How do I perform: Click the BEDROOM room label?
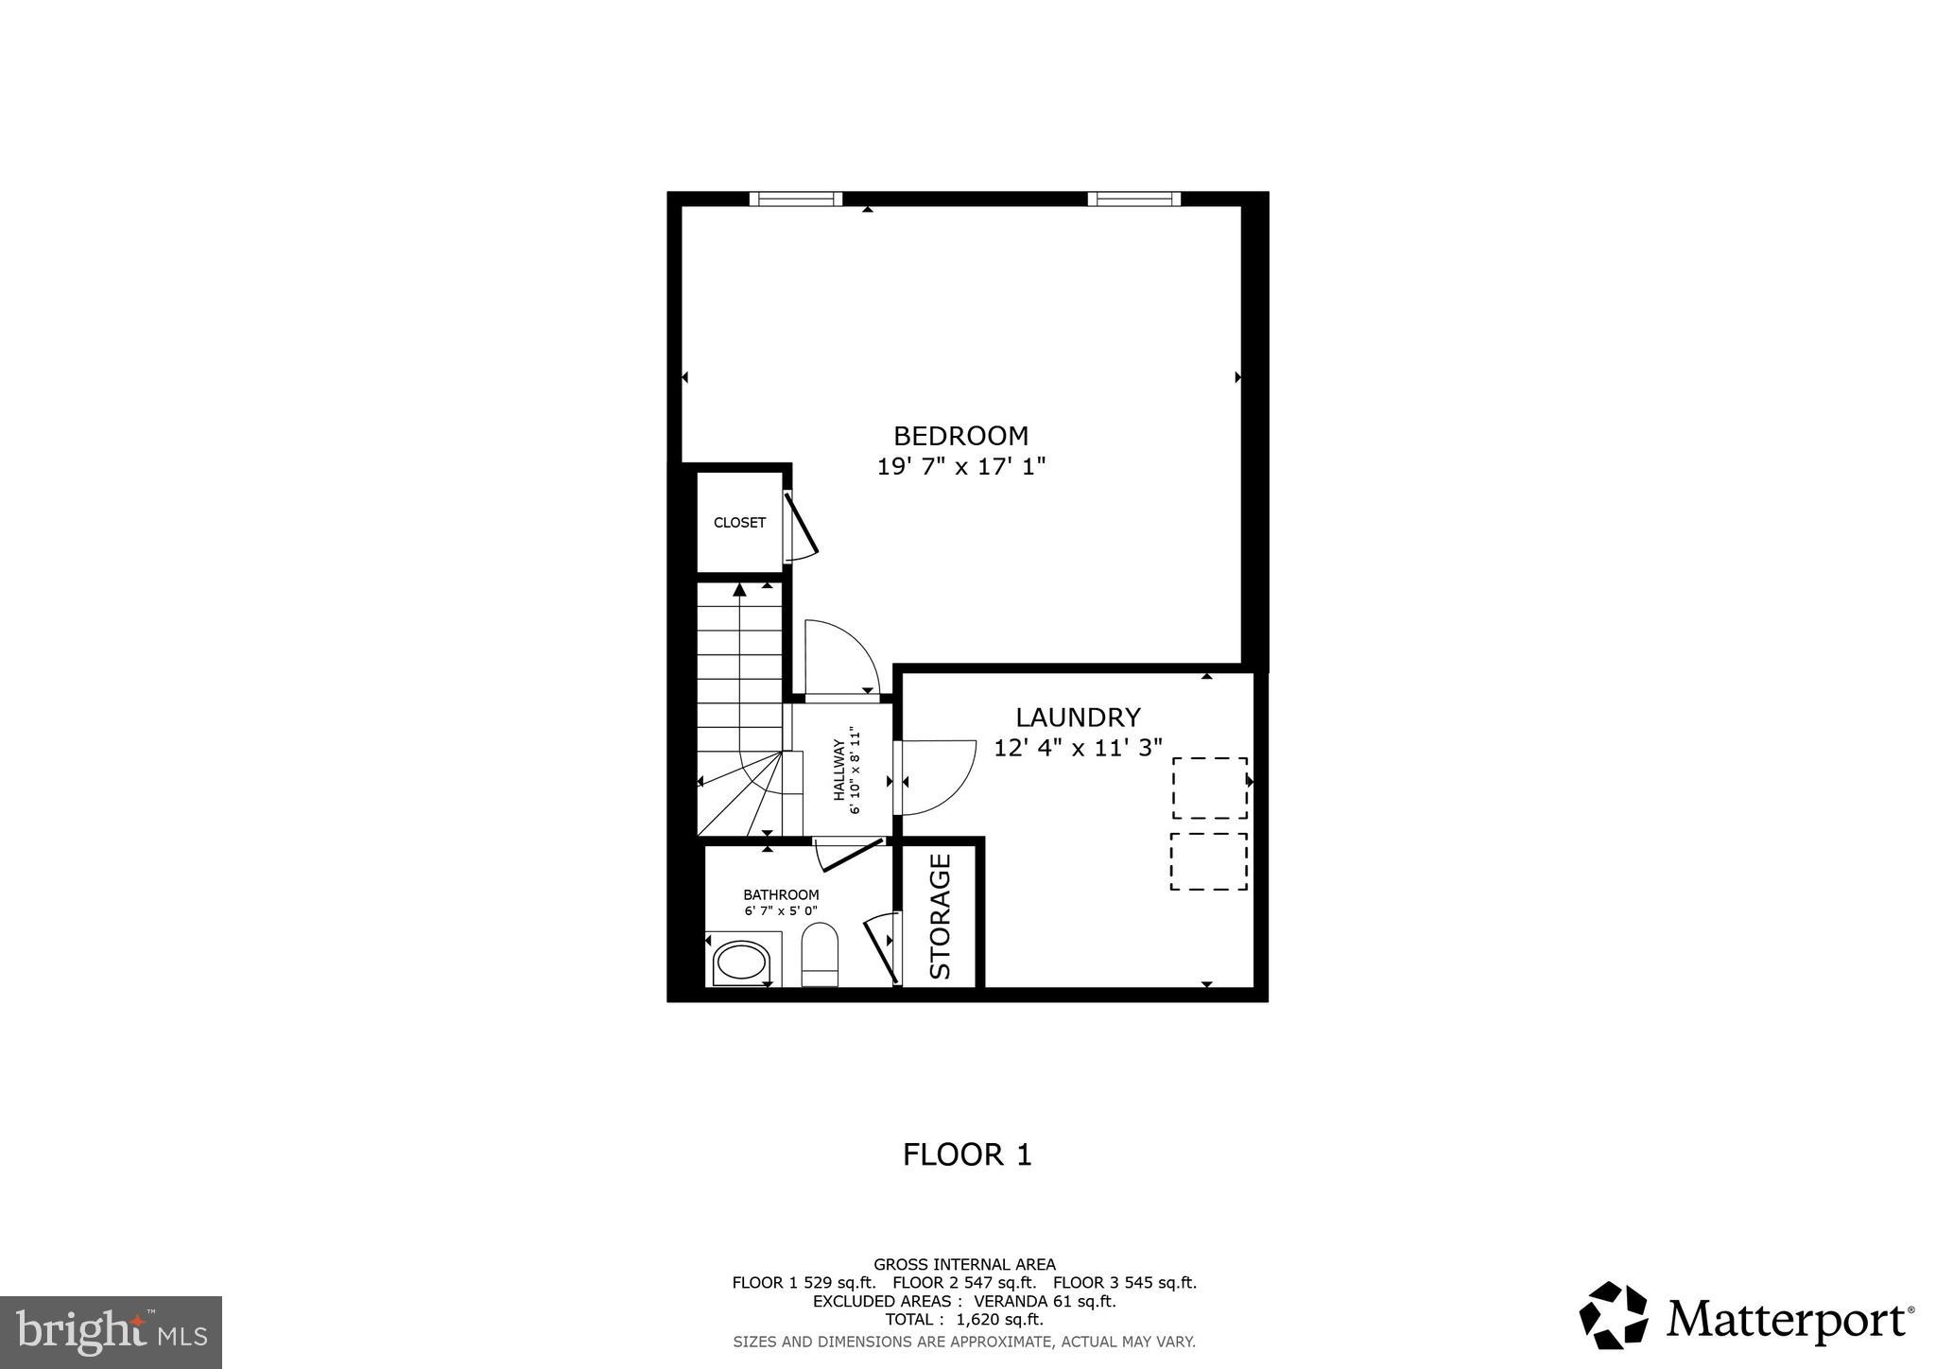click(x=960, y=436)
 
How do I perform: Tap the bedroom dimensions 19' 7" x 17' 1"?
click(x=960, y=467)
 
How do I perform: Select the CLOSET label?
click(x=739, y=523)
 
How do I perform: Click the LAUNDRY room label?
click(x=1078, y=718)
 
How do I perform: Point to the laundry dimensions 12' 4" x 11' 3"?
click(x=1078, y=748)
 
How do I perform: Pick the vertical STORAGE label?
click(x=940, y=915)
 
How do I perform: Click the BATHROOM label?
click(x=781, y=894)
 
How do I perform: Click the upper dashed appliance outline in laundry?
click(x=1209, y=788)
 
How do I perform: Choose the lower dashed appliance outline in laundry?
click(x=1208, y=861)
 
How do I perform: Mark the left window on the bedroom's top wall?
click(x=795, y=199)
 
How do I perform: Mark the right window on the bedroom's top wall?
click(x=1133, y=199)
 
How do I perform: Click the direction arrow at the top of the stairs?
click(x=739, y=590)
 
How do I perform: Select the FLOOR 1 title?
click(x=967, y=1154)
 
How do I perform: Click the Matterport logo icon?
click(x=1613, y=1315)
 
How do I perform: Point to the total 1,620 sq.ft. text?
click(x=964, y=1320)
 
